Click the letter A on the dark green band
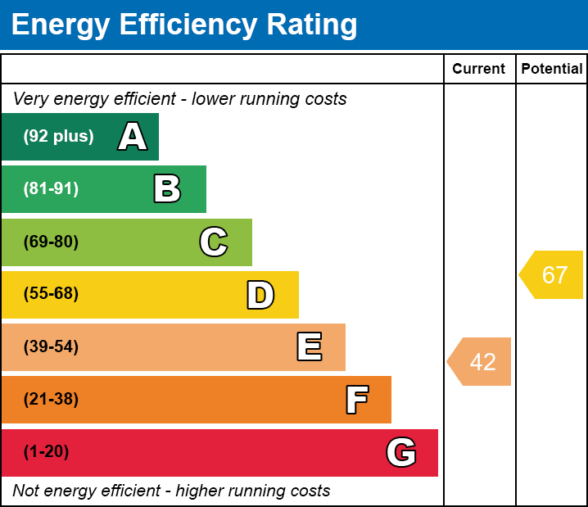(x=133, y=137)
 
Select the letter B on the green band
(x=167, y=189)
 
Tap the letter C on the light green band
(x=214, y=242)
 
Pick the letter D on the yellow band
(x=260, y=295)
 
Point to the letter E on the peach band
(x=309, y=347)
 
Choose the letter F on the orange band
(x=356, y=400)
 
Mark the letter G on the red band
(x=401, y=452)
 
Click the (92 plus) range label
(x=58, y=137)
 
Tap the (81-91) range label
(x=51, y=189)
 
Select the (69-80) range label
(x=51, y=242)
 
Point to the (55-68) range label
(x=51, y=294)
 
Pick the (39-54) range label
(x=51, y=346)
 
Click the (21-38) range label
(x=51, y=400)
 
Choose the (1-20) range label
(x=47, y=452)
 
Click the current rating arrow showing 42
(x=481, y=361)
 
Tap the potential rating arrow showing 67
(x=553, y=275)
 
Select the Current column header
(x=479, y=70)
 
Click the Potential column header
(x=552, y=70)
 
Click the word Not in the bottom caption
(x=26, y=491)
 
